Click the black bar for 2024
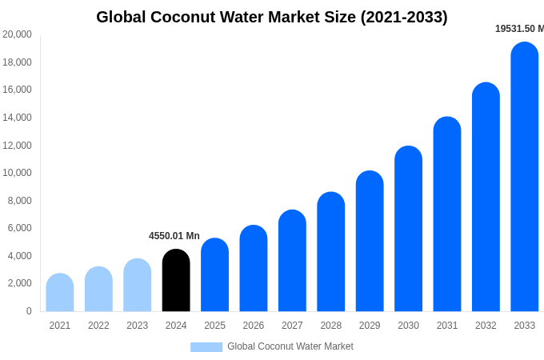tap(176, 281)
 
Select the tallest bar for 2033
tap(525, 178)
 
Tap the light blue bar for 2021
tap(60, 293)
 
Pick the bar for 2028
tap(331, 252)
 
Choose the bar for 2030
tap(408, 229)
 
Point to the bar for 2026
tap(254, 269)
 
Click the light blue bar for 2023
tap(138, 286)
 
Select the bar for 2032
tap(486, 198)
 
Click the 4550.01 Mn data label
tap(174, 236)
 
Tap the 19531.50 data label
tap(518, 29)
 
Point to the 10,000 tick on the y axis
tap(17, 173)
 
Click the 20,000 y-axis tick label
tap(17, 34)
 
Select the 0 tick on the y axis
tap(29, 311)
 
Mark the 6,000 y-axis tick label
tap(20, 228)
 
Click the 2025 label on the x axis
tap(214, 326)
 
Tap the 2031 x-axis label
tap(447, 326)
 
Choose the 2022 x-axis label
tap(98, 326)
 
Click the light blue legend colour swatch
tap(206, 347)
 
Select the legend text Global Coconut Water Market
tap(290, 346)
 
